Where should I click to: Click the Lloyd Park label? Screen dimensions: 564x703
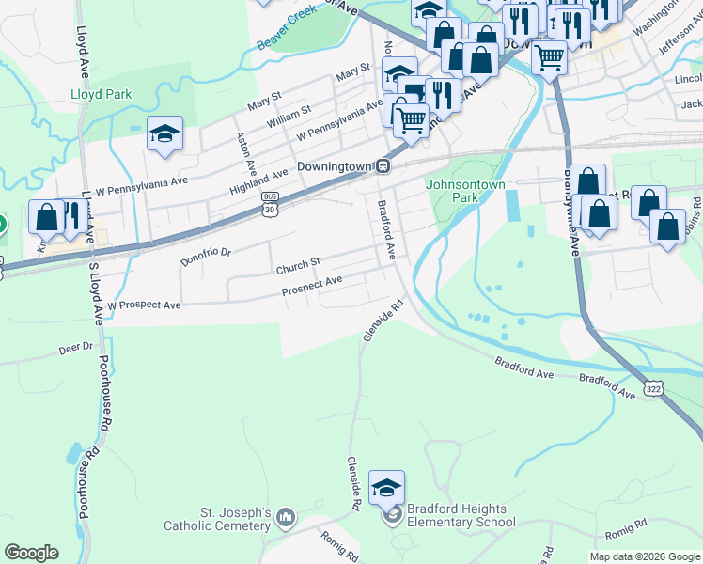[101, 94]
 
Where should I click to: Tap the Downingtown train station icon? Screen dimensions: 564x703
[383, 166]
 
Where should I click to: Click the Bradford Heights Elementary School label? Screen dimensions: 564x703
[458, 515]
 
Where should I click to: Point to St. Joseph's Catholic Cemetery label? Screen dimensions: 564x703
[235, 520]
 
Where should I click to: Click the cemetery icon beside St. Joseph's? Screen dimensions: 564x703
[287, 516]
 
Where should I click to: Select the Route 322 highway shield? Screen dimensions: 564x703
[654, 386]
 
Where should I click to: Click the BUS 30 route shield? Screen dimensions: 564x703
[271, 203]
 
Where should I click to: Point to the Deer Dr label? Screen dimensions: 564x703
[76, 347]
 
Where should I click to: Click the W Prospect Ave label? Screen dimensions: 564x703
[144, 305]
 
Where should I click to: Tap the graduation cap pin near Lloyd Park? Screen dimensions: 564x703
[164, 134]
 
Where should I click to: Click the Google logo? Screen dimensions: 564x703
[31, 553]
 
